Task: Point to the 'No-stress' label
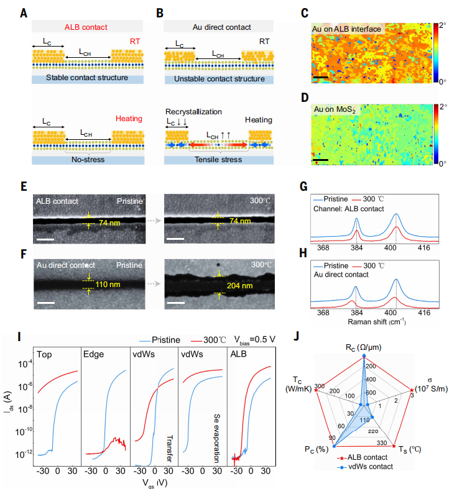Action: (x=86, y=160)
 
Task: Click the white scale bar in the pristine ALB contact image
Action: (x=44, y=237)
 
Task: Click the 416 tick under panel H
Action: (x=424, y=313)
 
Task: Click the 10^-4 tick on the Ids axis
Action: (x=24, y=363)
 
